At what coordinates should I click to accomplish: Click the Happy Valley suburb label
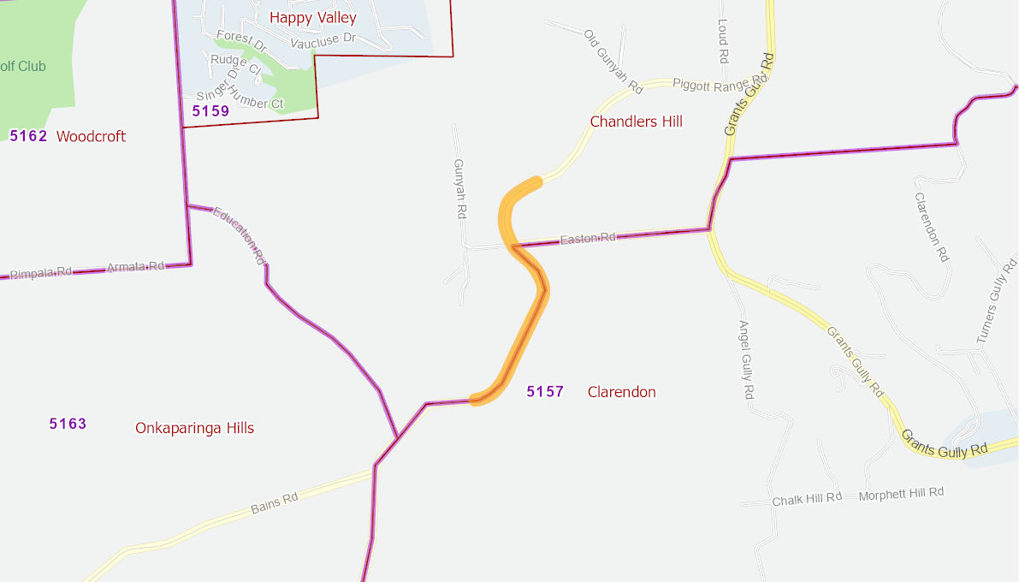[312, 17]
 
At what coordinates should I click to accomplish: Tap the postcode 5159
[210, 110]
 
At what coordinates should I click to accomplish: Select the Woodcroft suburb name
[91, 136]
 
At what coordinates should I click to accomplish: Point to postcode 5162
[28, 135]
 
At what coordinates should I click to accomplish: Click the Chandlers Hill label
[636, 122]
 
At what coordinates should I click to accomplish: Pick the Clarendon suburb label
[621, 392]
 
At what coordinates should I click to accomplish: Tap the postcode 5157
[545, 391]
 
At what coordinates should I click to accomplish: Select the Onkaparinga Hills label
[194, 428]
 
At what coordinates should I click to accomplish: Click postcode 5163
[68, 424]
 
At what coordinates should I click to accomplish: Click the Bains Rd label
[274, 502]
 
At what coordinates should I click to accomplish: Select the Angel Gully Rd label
[745, 359]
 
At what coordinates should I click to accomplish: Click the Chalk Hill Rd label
[807, 499]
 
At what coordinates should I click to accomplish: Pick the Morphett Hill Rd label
[900, 494]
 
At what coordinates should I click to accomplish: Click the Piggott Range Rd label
[712, 84]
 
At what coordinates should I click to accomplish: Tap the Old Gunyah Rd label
[613, 61]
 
